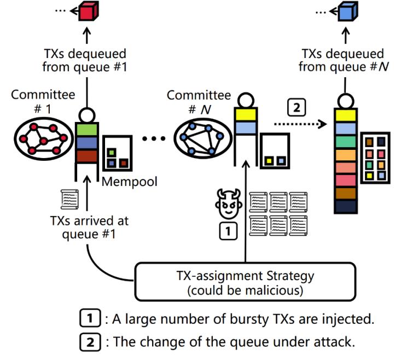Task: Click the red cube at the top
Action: click(88, 11)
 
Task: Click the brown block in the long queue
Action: click(346, 193)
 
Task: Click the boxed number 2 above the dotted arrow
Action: click(296, 108)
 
